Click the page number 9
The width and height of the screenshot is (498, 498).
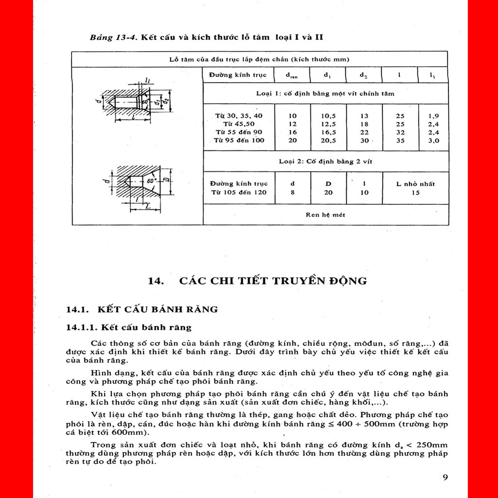point(445,478)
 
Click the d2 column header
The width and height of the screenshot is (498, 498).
point(364,75)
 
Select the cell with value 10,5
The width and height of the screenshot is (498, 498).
point(328,116)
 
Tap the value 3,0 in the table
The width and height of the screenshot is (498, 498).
point(433,141)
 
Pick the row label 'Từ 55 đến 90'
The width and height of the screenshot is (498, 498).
point(239,132)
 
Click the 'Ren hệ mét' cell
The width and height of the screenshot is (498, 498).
point(325,214)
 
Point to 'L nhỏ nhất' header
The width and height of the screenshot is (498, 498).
point(415,184)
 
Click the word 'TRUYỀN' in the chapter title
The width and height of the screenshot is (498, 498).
point(298,281)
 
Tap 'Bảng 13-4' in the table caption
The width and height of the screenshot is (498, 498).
point(113,37)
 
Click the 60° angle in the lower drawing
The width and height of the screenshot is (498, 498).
point(152,181)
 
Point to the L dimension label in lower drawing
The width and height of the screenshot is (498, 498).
point(148,206)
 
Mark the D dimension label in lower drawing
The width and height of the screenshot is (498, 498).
point(166,179)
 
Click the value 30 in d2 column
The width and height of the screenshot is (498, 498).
point(364,141)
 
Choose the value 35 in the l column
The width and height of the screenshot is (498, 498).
point(400,141)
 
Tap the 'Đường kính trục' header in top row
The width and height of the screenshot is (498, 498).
point(238,75)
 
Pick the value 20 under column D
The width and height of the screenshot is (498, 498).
point(328,193)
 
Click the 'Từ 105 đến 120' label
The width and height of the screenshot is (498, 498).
point(239,192)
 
